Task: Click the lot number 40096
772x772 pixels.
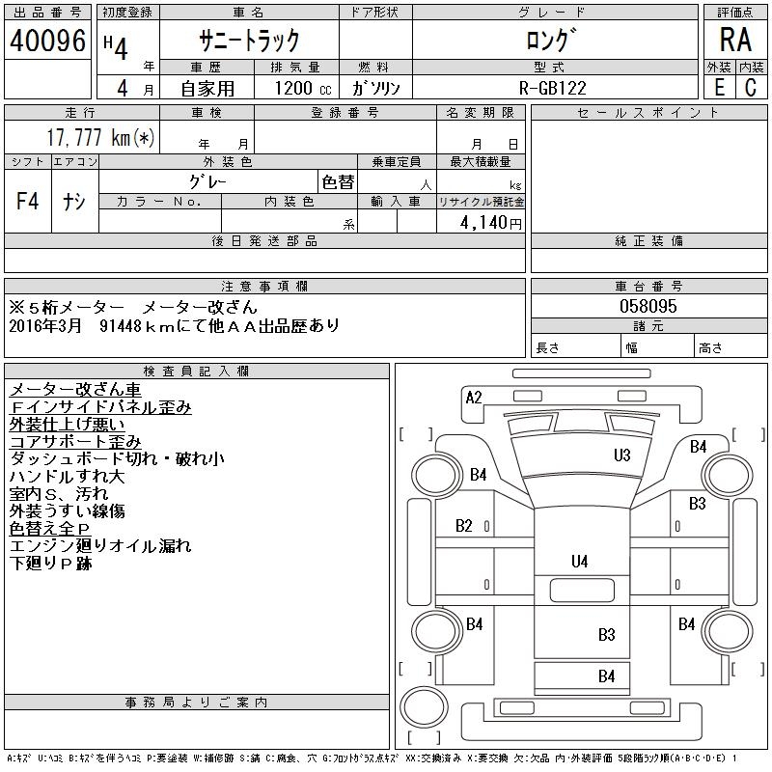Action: coord(48,41)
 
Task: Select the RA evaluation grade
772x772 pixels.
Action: coord(735,41)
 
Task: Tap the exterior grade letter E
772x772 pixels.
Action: coord(719,87)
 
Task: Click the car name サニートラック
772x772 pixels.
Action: coord(249,41)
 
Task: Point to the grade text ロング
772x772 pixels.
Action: coord(554,41)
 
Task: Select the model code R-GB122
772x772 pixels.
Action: coord(555,87)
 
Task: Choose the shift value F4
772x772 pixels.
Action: coord(28,202)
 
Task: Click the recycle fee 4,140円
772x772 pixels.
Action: coord(492,222)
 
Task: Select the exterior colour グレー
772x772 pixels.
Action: coord(208,181)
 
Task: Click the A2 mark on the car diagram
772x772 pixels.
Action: coord(474,398)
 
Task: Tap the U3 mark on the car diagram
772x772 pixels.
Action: coord(622,455)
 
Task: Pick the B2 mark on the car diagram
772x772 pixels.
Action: coord(464,526)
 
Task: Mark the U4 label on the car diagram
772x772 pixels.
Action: coord(579,561)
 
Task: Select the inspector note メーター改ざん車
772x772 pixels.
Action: coord(75,389)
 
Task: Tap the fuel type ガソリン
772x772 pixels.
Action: coord(382,87)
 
